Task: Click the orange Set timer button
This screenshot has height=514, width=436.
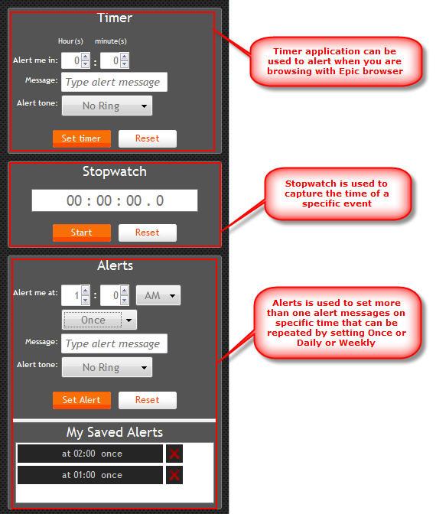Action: pos(81,138)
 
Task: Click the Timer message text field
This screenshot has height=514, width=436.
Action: pos(114,82)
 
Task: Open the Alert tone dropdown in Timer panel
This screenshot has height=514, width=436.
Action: pos(106,106)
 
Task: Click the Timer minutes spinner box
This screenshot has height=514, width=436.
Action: pos(115,60)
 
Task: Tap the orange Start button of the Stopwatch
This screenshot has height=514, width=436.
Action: pos(81,233)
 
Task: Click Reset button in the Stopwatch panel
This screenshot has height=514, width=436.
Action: pos(147,233)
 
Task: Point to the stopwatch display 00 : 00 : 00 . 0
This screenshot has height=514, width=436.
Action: pos(115,200)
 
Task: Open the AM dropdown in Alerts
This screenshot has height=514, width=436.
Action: pos(158,294)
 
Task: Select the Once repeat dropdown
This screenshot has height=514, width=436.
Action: pos(99,320)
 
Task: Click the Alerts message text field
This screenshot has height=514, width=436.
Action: pos(114,343)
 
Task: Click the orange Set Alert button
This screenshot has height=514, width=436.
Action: pos(81,399)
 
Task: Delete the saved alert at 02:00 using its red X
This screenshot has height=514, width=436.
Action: pos(174,454)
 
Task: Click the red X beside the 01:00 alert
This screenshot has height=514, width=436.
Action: pos(174,475)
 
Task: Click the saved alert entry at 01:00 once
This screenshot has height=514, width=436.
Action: pos(90,475)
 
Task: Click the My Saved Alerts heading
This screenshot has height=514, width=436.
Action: pos(115,432)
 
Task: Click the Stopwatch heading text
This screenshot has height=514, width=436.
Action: pos(115,171)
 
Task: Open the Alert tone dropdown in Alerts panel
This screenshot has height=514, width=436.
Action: pos(106,367)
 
